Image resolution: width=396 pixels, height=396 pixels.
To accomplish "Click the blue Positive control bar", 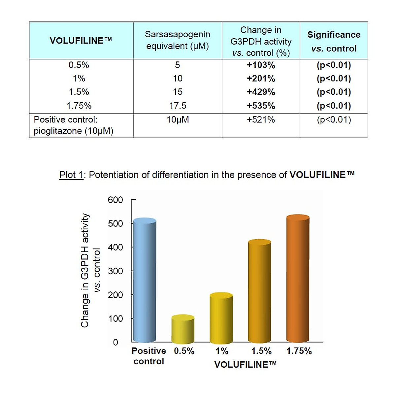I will (144, 280).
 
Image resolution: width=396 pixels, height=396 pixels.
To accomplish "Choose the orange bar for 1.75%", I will (298, 279).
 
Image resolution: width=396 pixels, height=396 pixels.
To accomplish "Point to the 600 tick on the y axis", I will (115, 200).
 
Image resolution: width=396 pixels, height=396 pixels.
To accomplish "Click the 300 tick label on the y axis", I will (115, 271).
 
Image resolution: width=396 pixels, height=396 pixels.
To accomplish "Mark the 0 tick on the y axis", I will (115, 343).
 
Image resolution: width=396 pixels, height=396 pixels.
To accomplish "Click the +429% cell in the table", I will (261, 92).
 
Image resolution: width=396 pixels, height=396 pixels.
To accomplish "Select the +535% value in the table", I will (261, 106).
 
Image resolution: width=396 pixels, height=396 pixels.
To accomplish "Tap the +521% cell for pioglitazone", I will (261, 120).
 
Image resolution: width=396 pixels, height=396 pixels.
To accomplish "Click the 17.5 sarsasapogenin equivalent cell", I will (178, 106).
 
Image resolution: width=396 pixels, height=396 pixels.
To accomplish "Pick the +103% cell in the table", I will (261, 65).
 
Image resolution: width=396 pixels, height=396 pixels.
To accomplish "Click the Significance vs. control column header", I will (334, 41).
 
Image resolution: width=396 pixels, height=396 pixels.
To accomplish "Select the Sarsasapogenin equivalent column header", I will (178, 40).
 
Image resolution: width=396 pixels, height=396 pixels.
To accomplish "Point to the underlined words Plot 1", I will (71, 175).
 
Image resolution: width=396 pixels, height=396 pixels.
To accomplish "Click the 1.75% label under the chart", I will (299, 351).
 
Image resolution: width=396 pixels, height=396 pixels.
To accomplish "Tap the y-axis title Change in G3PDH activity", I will (85, 271).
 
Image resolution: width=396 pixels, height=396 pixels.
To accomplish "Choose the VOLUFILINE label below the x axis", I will (245, 365).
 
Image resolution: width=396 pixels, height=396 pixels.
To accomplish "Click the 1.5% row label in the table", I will (79, 92).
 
